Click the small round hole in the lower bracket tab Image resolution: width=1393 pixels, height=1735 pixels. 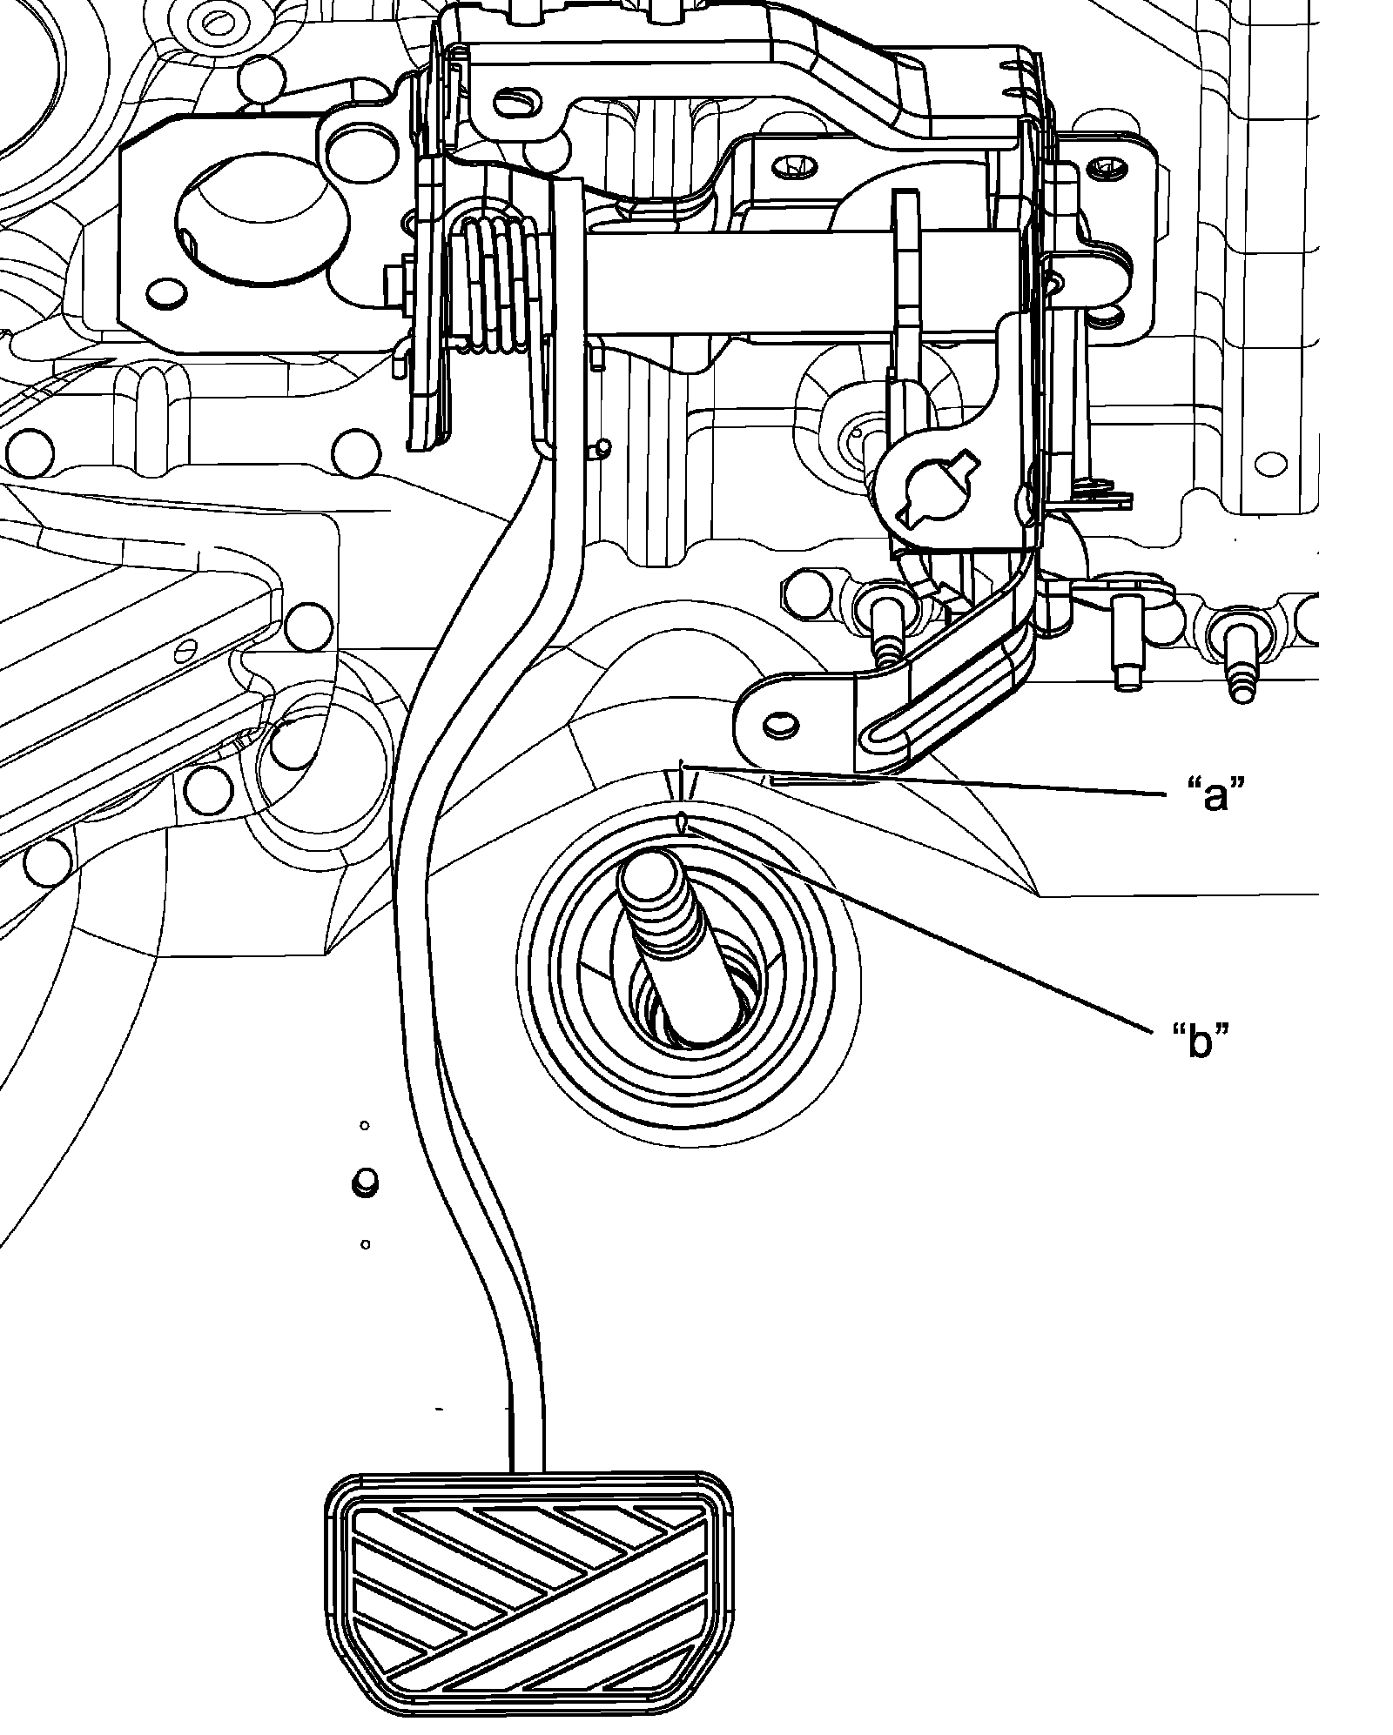coord(778,725)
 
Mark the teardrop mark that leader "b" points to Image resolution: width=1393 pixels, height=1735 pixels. coord(682,821)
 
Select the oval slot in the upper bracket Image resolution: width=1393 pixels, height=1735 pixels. coord(516,104)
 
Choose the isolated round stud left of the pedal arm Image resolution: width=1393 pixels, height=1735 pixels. coord(365,1182)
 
